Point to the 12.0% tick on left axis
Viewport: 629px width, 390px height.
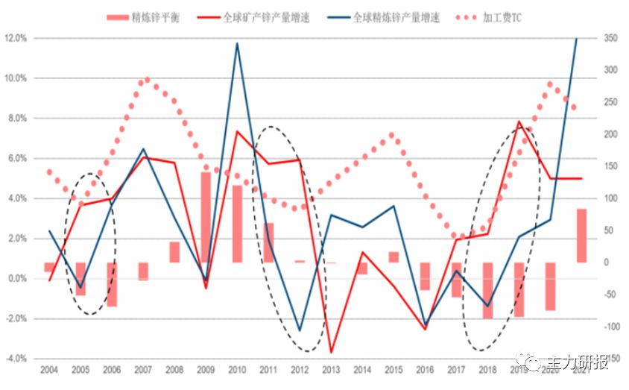click(16, 38)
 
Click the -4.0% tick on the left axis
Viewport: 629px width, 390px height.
click(16, 359)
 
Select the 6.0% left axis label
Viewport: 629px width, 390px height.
click(16, 159)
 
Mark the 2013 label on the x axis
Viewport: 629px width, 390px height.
click(331, 370)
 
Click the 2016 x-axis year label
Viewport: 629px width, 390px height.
click(425, 370)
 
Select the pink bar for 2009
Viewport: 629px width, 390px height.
click(206, 217)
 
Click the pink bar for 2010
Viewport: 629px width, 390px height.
click(237, 224)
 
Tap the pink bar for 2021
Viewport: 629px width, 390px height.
click(581, 236)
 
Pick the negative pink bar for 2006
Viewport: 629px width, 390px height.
click(112, 284)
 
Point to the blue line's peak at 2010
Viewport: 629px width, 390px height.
click(237, 43)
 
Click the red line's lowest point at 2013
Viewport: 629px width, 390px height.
click(331, 353)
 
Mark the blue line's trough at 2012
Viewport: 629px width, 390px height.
click(300, 330)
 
